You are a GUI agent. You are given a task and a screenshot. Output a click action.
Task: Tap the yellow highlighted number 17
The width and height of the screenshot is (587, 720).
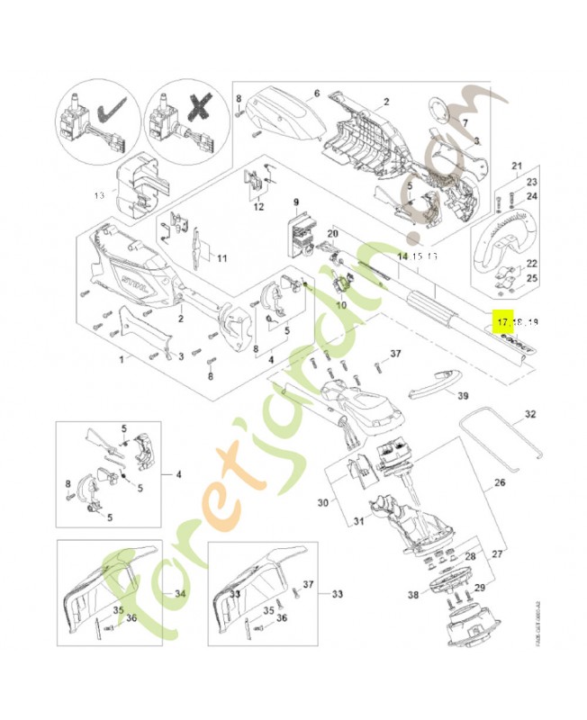coord(501,321)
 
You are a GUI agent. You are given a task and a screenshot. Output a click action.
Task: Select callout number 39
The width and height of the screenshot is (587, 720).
coord(463,395)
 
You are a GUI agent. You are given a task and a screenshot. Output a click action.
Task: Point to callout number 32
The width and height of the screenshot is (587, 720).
coord(529,415)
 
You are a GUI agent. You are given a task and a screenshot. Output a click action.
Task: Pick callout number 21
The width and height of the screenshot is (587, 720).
coord(517,166)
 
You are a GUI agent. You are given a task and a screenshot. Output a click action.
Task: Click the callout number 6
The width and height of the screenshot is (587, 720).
coord(317,93)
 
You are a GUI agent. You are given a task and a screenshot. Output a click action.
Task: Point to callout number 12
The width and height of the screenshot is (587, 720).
coord(258,207)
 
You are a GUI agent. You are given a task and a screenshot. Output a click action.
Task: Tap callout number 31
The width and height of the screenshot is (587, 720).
coord(357,520)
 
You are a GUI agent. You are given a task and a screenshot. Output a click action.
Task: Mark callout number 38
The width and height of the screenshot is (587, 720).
coord(413,595)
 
